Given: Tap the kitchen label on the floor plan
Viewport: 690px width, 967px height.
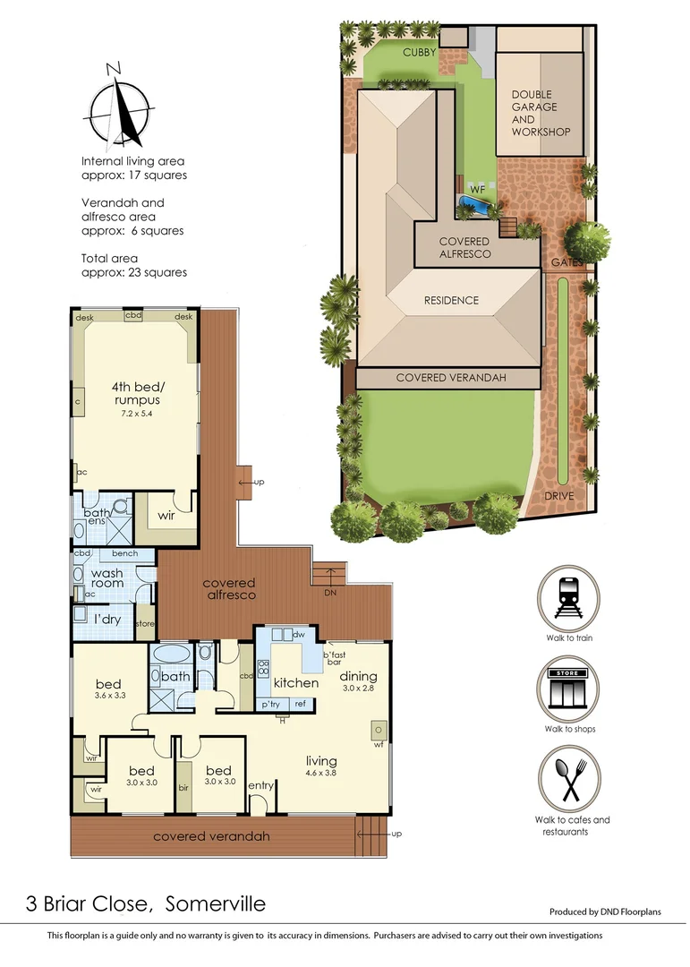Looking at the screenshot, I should pos(296,682).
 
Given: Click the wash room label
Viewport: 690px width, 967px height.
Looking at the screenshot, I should pos(107,578).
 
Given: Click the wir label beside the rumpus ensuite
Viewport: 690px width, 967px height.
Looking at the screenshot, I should pos(166,517).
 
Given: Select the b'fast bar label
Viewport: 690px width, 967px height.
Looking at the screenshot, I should pos(336,658).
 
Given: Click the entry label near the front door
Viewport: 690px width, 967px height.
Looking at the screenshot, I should pos(261,786).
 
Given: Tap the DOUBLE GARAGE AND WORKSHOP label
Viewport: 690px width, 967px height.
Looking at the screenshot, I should pos(541,113).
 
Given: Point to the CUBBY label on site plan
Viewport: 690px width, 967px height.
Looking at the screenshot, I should pos(419,53).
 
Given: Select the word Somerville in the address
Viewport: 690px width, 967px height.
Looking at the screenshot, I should pos(217,903).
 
